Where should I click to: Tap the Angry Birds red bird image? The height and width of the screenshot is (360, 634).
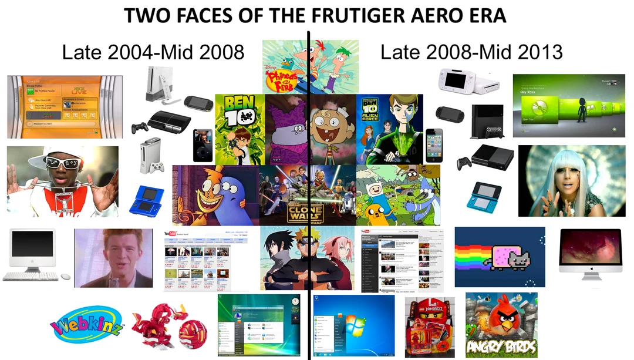coord(501,324)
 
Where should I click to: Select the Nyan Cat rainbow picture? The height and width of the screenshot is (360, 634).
coord(500,257)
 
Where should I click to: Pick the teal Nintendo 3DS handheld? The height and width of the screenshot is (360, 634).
coord(484,196)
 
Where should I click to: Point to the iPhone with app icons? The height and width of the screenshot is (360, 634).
coord(434,144)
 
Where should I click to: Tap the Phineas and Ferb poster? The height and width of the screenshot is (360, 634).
coord(310,66)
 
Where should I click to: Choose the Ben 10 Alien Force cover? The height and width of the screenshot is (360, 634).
coord(389,129)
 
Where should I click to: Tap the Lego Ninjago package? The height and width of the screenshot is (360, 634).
coord(430,326)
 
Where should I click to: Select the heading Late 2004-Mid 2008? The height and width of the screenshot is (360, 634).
coord(153,52)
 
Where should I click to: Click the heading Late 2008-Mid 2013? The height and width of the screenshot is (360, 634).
coord(471,52)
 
